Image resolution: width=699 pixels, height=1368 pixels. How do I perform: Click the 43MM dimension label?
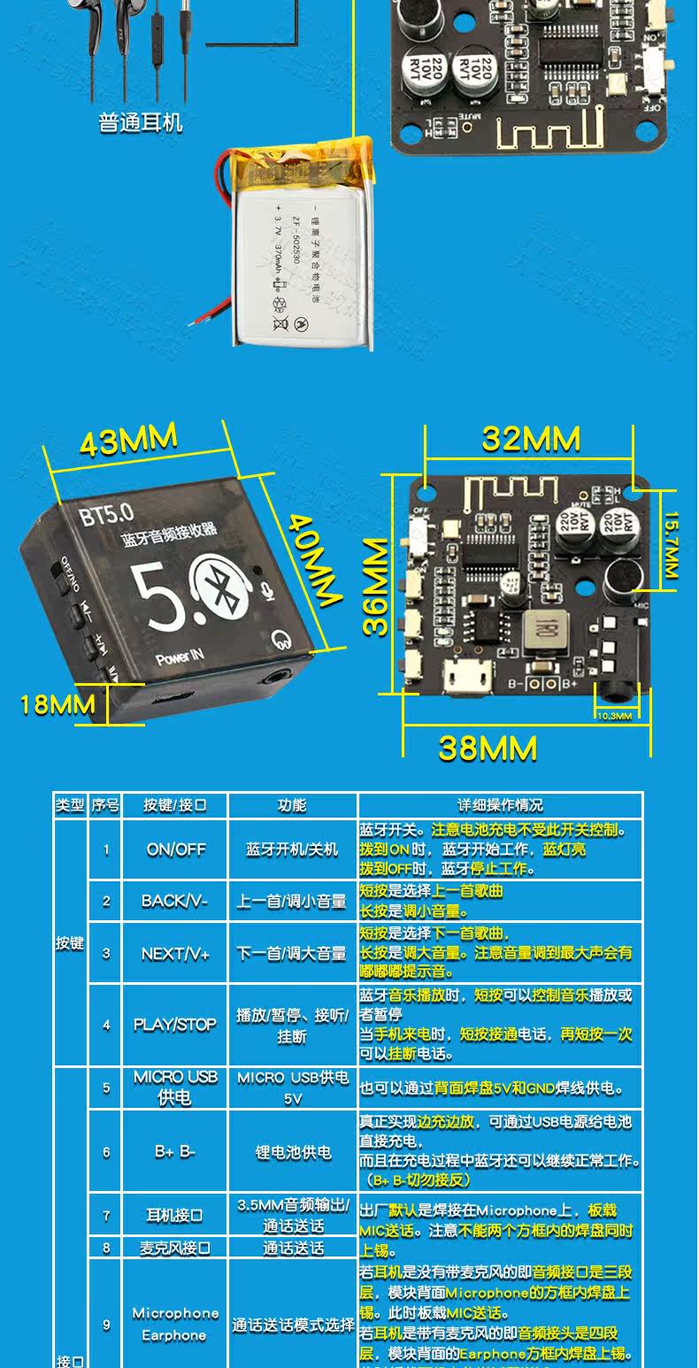click(x=129, y=440)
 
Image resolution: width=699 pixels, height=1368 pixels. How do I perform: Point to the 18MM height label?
click(x=58, y=704)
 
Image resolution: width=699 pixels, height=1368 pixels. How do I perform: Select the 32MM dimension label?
click(x=531, y=439)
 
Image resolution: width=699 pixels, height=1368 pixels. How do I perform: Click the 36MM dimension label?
click(x=377, y=586)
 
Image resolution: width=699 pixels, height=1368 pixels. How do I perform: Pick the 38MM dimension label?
click(x=488, y=749)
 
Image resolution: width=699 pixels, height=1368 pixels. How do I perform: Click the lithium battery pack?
click(x=301, y=252)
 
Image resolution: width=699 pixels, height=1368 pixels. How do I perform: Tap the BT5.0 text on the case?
click(x=106, y=511)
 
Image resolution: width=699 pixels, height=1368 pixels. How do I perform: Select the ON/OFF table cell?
click(x=175, y=849)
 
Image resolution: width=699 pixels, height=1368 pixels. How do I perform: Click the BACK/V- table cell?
click(x=174, y=902)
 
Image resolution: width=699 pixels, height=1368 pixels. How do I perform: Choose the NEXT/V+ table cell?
click(x=175, y=954)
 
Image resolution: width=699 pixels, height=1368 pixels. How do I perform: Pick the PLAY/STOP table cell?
click(x=175, y=1025)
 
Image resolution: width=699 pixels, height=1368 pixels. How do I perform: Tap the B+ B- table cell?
click(x=174, y=1152)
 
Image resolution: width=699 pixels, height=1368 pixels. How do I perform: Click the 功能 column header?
click(x=292, y=805)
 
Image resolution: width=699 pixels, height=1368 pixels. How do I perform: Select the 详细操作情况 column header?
click(x=500, y=805)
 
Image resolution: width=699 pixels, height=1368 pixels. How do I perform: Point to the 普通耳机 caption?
click(x=141, y=122)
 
